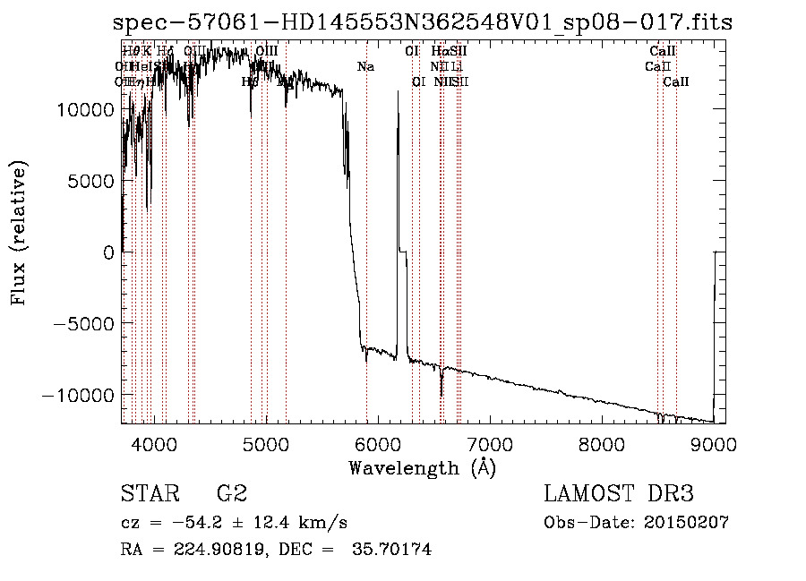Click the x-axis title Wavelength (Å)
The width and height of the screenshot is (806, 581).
point(422,467)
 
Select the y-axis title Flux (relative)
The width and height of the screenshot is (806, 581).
point(19,233)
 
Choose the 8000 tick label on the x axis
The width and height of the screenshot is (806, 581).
point(602,443)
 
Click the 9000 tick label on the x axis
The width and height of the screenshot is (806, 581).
point(714,443)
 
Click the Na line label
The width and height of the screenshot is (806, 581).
point(365,67)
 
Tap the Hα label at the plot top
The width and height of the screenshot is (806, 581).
point(439,52)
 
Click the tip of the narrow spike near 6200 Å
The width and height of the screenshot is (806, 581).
point(398,91)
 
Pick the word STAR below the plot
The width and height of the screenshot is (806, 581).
point(148,495)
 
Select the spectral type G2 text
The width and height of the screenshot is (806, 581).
point(231,495)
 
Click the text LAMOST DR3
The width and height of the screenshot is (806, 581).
point(619,495)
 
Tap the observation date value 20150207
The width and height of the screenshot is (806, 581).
point(688,523)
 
